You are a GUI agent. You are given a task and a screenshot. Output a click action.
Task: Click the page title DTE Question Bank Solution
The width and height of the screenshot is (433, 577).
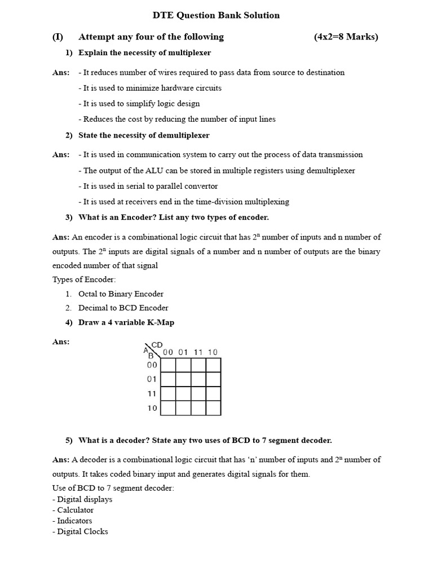(216, 15)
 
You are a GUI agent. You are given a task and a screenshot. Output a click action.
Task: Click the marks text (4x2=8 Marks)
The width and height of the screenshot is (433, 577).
(346, 37)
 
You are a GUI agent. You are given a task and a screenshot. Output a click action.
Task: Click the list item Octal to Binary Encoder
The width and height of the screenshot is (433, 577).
(121, 294)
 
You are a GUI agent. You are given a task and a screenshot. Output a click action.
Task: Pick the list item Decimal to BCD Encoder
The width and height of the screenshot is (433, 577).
(123, 308)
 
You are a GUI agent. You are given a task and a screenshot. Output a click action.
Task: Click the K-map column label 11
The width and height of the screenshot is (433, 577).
(198, 352)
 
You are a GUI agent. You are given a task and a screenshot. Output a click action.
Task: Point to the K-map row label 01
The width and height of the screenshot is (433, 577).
(152, 379)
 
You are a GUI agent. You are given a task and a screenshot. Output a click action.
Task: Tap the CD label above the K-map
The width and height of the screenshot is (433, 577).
(157, 344)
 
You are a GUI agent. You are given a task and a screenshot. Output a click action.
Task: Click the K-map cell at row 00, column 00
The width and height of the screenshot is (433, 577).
(168, 365)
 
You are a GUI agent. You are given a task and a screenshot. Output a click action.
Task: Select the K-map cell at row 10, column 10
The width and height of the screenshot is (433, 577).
(213, 408)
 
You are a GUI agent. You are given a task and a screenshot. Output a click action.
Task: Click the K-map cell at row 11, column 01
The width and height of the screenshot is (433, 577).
(183, 393)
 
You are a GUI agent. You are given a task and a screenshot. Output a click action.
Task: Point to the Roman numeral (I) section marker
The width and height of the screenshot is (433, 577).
(58, 37)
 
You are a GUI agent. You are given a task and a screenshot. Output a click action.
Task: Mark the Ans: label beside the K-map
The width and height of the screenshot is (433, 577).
(61, 341)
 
